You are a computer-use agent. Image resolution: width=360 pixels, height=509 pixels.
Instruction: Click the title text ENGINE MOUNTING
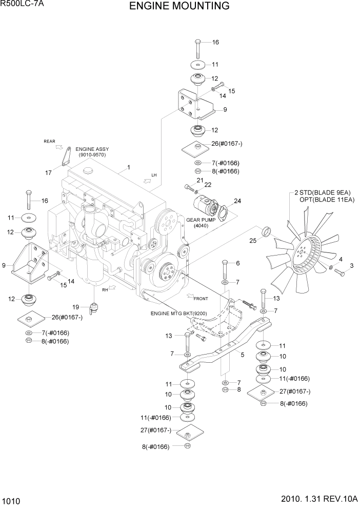point(179,6)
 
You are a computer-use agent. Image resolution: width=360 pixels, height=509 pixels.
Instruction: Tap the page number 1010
point(11,500)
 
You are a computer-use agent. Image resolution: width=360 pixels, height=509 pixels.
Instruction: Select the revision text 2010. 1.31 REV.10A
point(317,500)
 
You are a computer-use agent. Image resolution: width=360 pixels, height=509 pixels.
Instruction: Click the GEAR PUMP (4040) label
point(200,222)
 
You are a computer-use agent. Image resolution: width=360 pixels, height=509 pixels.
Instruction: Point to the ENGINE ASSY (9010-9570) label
point(92,152)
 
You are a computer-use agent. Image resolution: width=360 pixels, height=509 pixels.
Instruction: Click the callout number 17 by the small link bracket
point(48,173)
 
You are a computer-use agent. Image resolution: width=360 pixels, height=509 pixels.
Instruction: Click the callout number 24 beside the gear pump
point(237,201)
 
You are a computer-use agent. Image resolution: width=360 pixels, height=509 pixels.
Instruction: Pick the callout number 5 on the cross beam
point(242,355)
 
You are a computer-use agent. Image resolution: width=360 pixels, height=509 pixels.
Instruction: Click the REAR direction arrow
point(52,148)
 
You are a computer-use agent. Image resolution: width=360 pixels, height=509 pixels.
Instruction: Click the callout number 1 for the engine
point(128,167)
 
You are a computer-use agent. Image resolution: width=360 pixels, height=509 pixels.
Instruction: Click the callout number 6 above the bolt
point(237,263)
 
